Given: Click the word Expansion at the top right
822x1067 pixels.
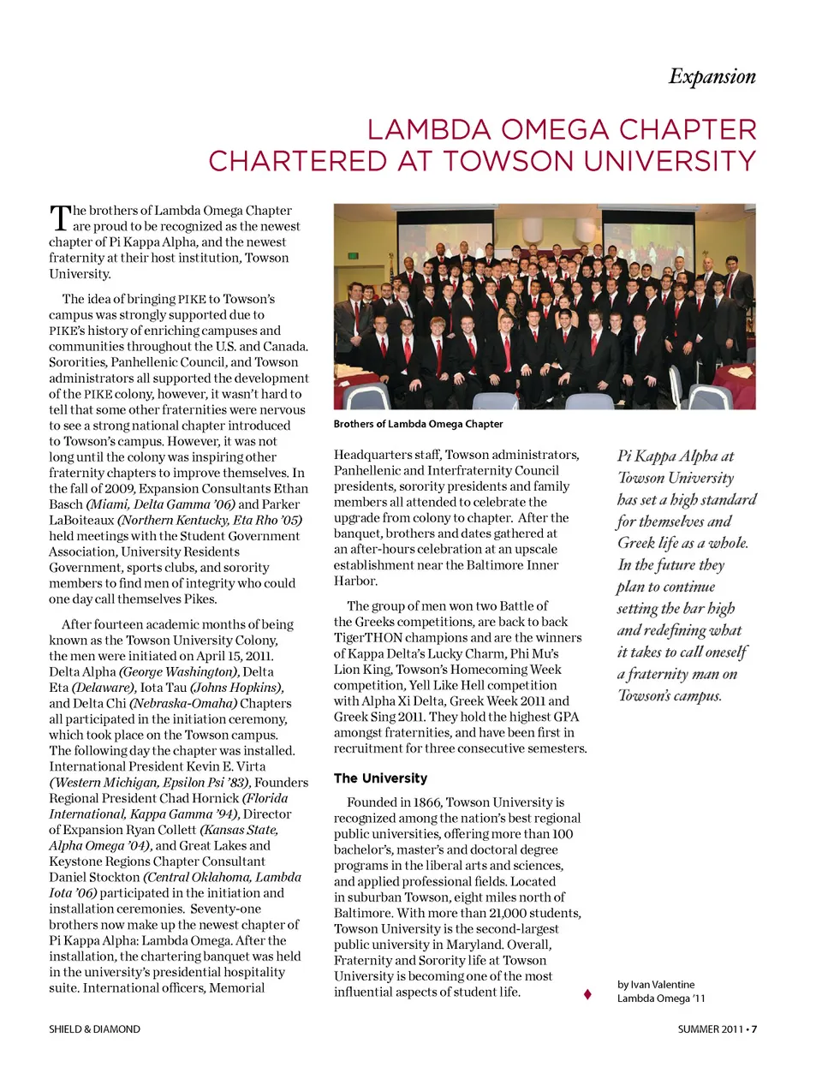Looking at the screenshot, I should click(712, 76).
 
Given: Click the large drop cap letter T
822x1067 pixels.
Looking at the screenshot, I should click(59, 218).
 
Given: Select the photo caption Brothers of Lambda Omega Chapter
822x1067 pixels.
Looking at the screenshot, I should click(418, 424).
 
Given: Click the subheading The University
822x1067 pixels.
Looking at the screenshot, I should click(380, 778).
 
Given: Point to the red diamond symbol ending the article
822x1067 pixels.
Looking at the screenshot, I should click(587, 994).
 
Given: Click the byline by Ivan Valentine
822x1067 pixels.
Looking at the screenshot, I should click(656, 985).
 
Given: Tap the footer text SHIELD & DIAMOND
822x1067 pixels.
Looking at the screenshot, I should click(94, 1029).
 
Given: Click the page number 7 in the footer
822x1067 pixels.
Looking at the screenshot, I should click(754, 1029).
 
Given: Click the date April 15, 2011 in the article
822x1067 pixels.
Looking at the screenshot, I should click(234, 656).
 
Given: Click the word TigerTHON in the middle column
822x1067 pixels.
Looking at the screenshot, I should click(368, 637).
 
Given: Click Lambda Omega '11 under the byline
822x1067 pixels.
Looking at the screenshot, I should click(661, 998).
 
